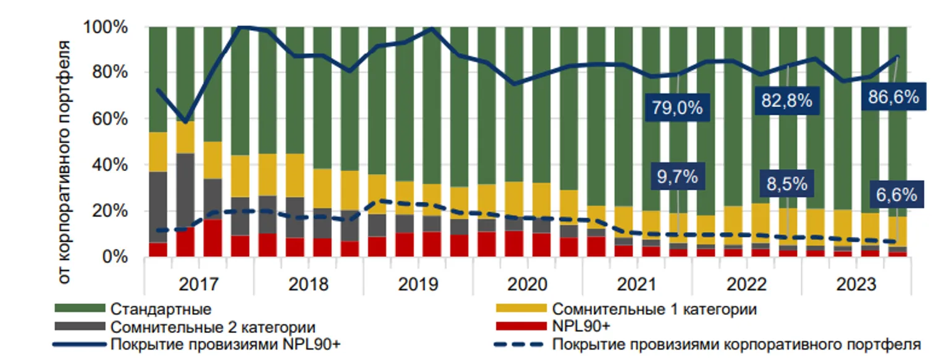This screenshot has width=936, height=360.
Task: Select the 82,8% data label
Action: pyautogui.click(x=786, y=101)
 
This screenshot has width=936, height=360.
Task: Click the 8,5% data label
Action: pyautogui.click(x=786, y=184)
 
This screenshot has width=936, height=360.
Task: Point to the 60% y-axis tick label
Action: pyautogui.click(x=112, y=119)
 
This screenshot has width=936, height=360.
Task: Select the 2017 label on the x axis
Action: pyautogui.click(x=199, y=285)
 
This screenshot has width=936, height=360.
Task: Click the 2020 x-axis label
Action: pyautogui.click(x=527, y=285)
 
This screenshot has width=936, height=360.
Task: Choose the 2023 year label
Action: pyautogui.click(x=856, y=285)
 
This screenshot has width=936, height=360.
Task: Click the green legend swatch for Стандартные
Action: pyautogui.click(x=79, y=308)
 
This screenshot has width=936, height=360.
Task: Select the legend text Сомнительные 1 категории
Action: pyautogui.click(x=654, y=308)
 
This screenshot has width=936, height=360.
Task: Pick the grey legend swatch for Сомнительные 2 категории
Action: pyautogui.click(x=79, y=326)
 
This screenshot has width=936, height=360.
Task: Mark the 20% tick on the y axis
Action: pyautogui.click(x=112, y=211)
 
